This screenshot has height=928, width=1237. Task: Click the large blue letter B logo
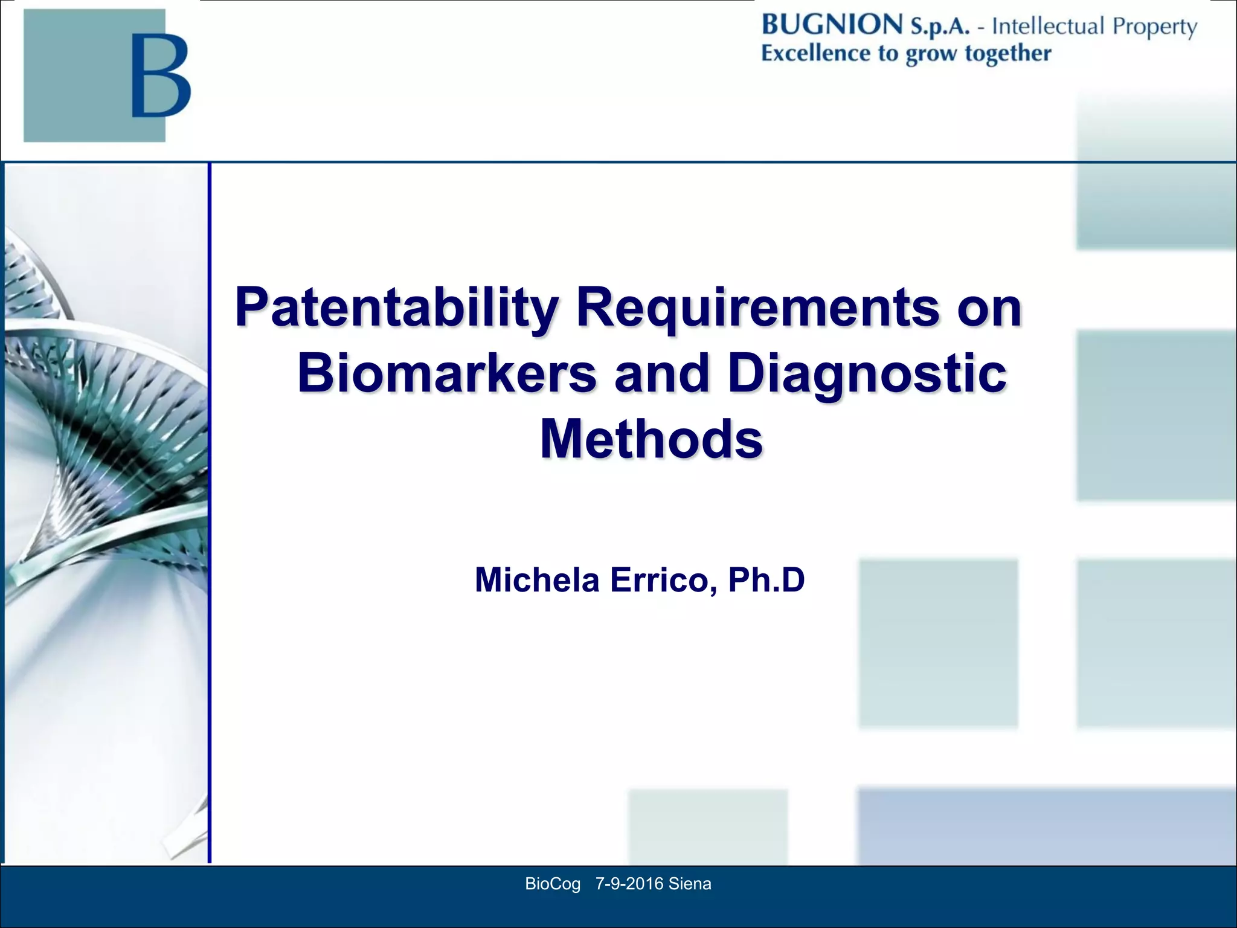pos(161,75)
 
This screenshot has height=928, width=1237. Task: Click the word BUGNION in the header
pos(832,25)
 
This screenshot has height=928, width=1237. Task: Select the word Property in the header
pos(1154,27)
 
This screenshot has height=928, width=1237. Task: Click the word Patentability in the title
pos(396,308)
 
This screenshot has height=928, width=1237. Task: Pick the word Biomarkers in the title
pos(447,373)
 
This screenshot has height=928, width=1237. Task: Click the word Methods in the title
pos(651,439)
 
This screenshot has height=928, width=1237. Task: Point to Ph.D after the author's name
pos(766,580)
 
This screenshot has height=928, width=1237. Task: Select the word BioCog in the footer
pos(553,884)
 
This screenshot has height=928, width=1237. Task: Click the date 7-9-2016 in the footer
pos(629,884)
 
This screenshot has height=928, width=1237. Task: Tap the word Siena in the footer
pos(690,884)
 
